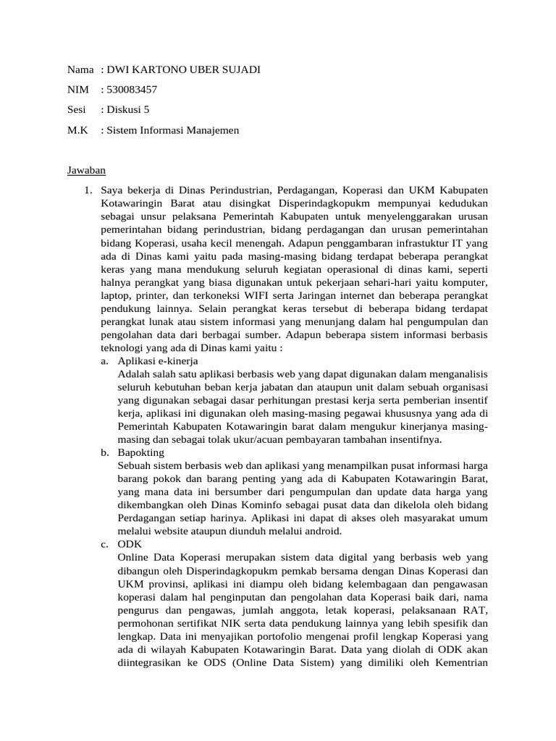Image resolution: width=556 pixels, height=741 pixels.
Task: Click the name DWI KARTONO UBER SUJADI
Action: pyautogui.click(x=183, y=69)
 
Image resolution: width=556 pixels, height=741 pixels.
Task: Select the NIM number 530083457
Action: pyautogui.click(x=132, y=90)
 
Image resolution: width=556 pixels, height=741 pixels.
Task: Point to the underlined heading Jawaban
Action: pyautogui.click(x=87, y=171)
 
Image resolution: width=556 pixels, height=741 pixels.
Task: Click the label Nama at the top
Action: pyautogui.click(x=80, y=69)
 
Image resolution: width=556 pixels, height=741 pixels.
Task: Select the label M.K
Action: pyautogui.click(x=77, y=130)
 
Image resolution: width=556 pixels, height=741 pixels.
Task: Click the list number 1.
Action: pyautogui.click(x=88, y=190)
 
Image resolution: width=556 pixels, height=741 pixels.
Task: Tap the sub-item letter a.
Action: pyautogui.click(x=105, y=360)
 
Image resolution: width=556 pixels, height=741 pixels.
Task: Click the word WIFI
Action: pyautogui.click(x=267, y=295)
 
